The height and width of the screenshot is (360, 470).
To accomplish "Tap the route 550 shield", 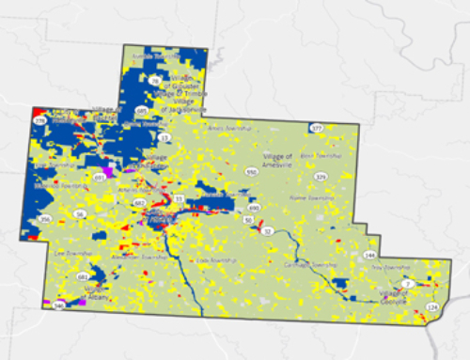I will [251, 171].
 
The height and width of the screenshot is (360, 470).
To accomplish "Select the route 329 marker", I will [321, 176].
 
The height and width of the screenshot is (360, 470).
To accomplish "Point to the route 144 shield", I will [369, 255].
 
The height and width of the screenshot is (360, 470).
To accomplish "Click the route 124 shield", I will [433, 307].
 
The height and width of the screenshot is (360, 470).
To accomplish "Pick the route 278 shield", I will [40, 121].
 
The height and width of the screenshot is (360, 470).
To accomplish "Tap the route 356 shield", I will [44, 219].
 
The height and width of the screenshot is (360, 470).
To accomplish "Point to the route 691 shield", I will [100, 176].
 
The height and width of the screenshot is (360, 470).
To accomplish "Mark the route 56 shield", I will [80, 214].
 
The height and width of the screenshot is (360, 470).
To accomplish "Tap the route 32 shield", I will [267, 230].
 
